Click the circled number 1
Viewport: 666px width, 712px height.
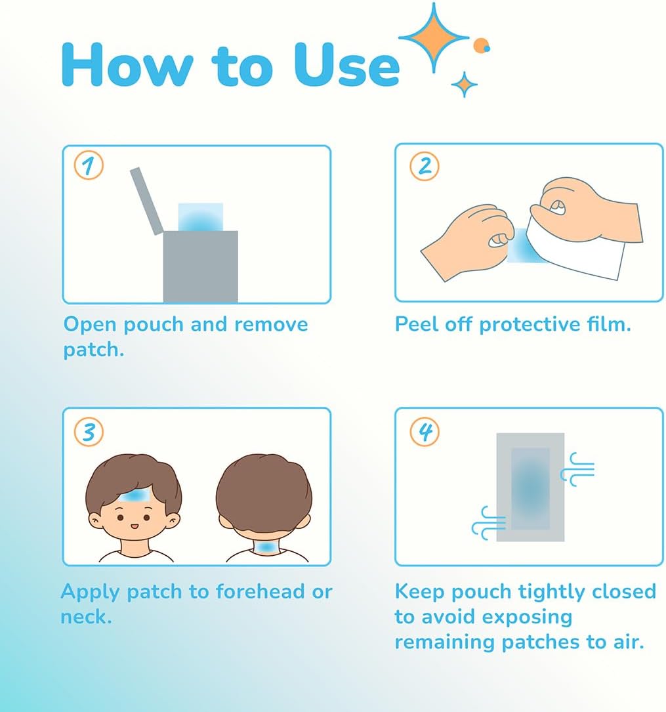pos(89,166)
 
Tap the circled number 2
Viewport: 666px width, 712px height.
pos(425,166)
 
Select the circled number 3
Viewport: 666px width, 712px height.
pos(89,432)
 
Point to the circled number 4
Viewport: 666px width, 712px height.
pos(425,432)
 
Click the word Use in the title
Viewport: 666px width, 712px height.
pos(346,65)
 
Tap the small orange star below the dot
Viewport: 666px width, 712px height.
pos(465,84)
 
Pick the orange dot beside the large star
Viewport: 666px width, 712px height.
pos(481,45)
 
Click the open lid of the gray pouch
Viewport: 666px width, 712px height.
pos(146,200)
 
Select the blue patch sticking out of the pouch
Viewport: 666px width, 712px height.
pos(200,217)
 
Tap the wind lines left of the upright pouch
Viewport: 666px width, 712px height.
pos(489,522)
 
